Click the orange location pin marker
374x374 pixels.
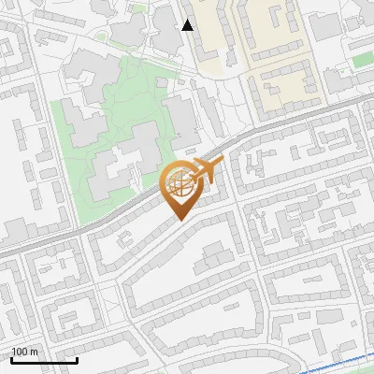tap(180, 187)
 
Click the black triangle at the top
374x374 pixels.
tap(188, 25)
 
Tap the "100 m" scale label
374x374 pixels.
tap(25, 352)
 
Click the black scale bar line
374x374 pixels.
tap(44, 360)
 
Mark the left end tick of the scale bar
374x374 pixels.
tap(12, 358)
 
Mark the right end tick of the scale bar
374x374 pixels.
tap(77, 358)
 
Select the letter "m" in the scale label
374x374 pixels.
tap(34, 352)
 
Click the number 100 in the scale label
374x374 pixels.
tap(20, 352)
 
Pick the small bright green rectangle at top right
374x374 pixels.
tap(363, 60)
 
